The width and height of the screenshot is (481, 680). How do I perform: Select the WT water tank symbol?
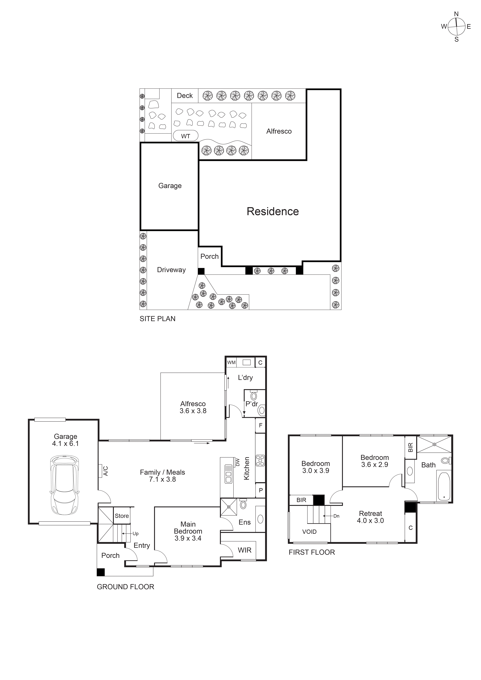click(185, 136)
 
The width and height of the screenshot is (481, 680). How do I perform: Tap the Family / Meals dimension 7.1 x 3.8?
click(162, 479)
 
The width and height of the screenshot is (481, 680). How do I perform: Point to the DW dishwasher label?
click(237, 462)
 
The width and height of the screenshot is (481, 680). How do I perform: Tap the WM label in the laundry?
click(231, 363)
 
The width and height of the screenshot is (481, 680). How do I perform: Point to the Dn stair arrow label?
click(336, 516)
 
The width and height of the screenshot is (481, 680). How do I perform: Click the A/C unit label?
click(105, 471)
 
